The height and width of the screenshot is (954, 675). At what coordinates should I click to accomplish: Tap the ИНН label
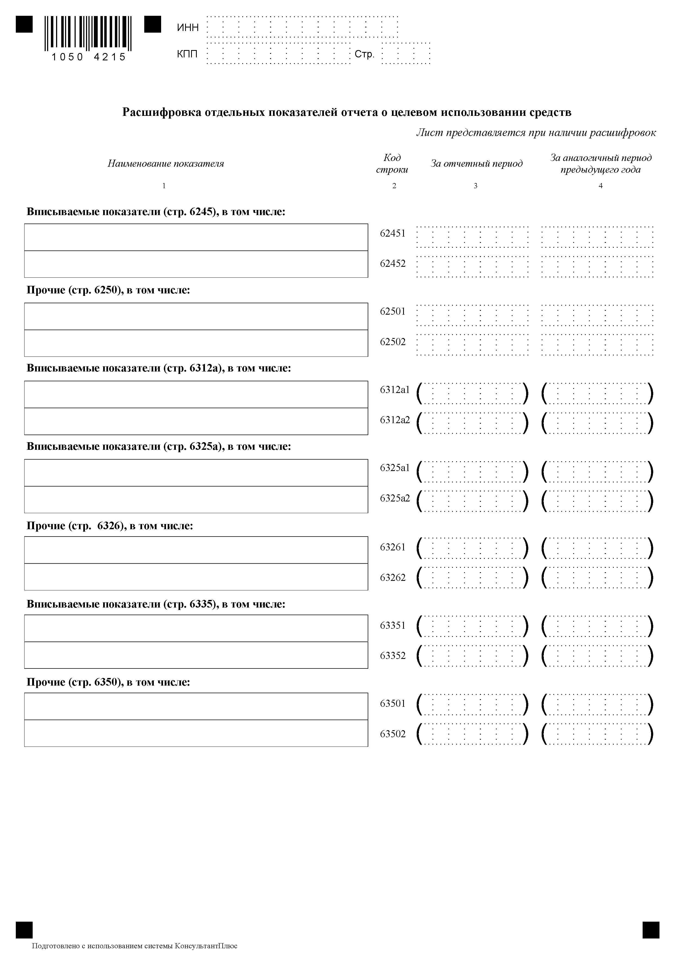coord(188,27)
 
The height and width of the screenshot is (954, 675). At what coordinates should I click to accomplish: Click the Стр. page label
coord(364,54)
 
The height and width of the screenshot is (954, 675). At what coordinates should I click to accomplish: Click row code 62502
coord(392,342)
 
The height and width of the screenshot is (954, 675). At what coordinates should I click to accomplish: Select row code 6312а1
coord(394,389)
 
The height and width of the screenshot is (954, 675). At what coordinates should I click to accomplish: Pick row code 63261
coord(392,547)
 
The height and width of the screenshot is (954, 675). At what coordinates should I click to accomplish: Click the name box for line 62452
coord(196,264)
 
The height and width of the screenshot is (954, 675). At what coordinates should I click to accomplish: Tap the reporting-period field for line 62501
coord(472,315)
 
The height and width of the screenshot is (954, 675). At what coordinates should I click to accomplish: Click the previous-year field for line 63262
coord(597,578)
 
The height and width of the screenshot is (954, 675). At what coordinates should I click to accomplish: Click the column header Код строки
coord(392,164)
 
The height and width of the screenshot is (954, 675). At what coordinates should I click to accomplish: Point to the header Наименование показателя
coord(165,164)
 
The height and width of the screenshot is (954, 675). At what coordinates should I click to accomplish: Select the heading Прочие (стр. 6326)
coord(110,526)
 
